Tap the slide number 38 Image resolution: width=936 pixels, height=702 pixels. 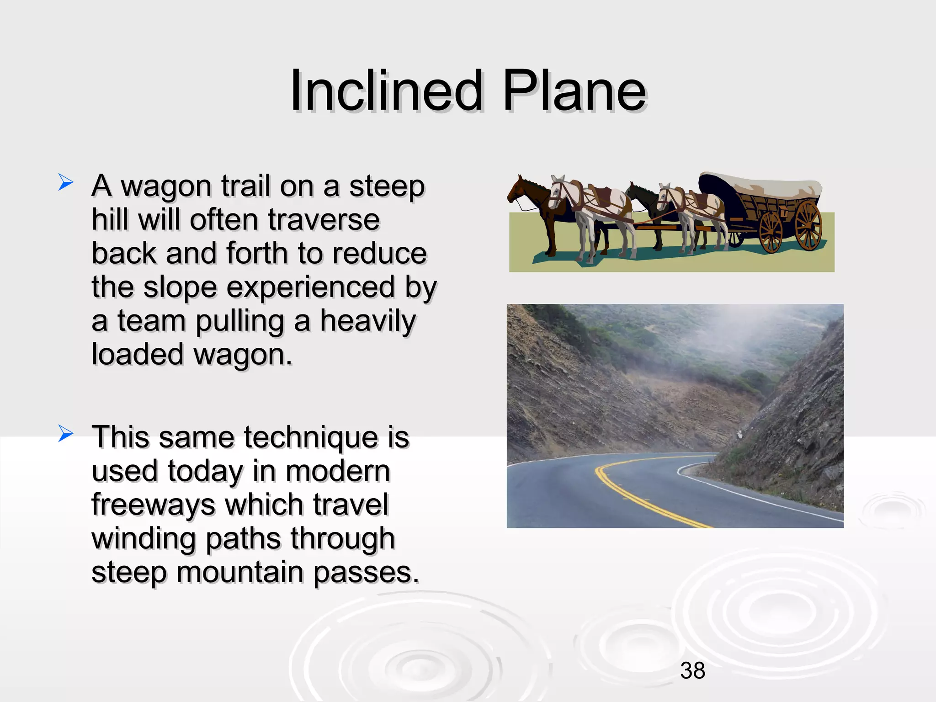click(692, 671)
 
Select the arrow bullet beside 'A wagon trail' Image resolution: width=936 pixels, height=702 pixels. click(66, 183)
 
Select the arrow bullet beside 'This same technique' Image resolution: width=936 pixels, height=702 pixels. click(66, 434)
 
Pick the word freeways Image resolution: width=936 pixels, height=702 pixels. click(153, 505)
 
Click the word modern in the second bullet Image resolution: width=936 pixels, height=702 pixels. click(337, 471)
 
